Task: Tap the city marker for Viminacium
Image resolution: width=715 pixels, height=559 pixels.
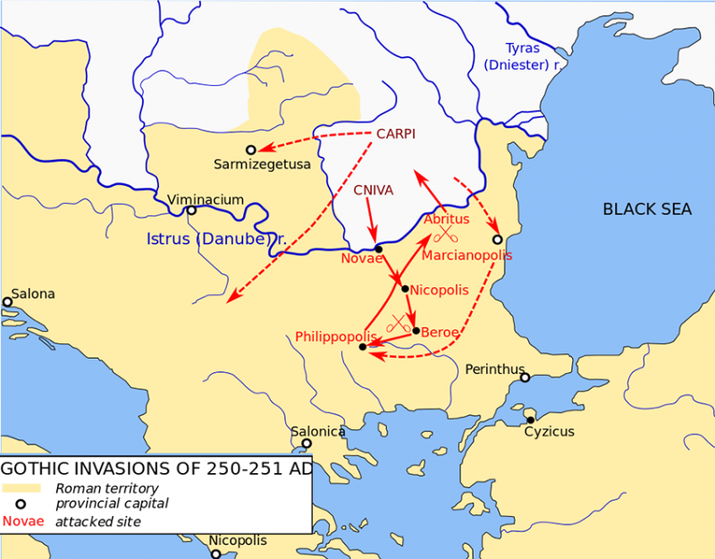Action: (190, 211)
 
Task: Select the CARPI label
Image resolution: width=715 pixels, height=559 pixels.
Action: (396, 133)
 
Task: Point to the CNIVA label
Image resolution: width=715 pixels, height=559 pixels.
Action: (373, 190)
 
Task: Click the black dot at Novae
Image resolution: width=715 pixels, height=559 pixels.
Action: (378, 249)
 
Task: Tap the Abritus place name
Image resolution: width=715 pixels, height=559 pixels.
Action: (446, 219)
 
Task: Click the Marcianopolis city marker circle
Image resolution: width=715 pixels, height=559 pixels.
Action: (498, 240)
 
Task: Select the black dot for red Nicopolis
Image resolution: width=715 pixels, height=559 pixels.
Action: (405, 289)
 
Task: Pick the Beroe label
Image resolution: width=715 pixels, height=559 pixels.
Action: (440, 332)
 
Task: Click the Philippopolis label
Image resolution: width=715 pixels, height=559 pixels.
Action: (330, 336)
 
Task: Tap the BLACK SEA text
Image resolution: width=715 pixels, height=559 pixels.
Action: (647, 209)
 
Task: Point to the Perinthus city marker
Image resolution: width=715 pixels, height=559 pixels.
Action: (526, 377)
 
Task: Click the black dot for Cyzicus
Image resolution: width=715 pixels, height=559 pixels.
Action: (530, 419)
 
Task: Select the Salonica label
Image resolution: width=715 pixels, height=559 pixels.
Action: (318, 431)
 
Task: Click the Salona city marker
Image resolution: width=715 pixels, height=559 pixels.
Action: (7, 302)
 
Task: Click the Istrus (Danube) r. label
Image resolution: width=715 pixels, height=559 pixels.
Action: (215, 240)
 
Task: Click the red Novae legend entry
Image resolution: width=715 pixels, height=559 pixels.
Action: (22, 521)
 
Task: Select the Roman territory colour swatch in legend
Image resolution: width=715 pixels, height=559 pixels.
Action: (21, 488)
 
